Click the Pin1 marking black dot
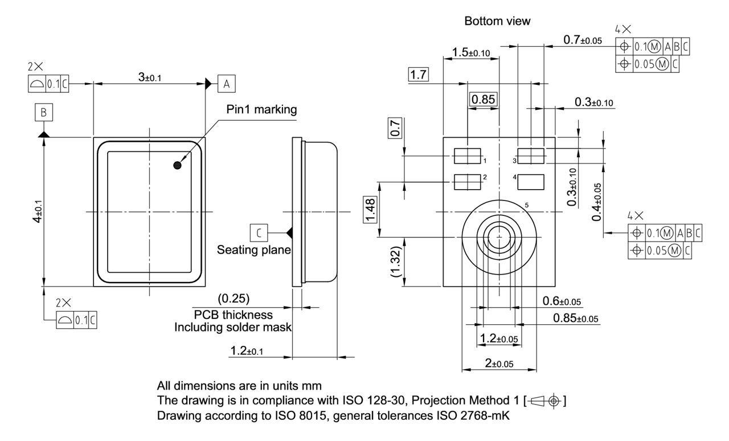point(177,166)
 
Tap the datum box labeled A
point(226,84)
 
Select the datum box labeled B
point(43,113)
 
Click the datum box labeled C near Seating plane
point(259,232)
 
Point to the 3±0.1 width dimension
point(149,77)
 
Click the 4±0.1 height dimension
point(38,211)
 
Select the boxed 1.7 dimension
point(419,74)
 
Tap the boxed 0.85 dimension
point(483,100)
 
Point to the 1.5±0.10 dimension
point(471,52)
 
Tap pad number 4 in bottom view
point(531,182)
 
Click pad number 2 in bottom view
point(467,182)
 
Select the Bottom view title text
point(497,22)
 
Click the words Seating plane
point(254,250)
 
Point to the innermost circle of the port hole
point(499,236)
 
